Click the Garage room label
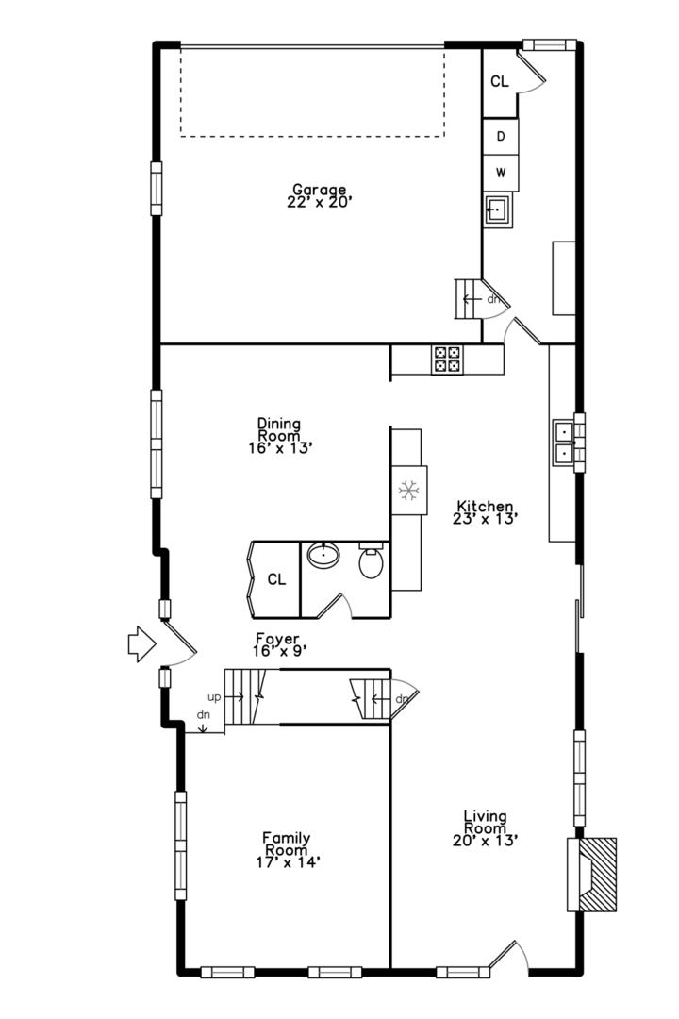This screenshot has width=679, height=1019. pyautogui.click(x=319, y=195)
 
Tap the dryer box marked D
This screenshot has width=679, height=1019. pyautogui.click(x=501, y=137)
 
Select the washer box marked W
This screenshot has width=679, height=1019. pyautogui.click(x=501, y=173)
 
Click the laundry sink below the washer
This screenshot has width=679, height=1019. pyautogui.click(x=498, y=209)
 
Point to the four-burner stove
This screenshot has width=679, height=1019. pyautogui.click(x=448, y=359)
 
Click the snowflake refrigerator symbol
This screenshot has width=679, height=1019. pyautogui.click(x=408, y=491)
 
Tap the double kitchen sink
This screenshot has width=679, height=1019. pyautogui.click(x=565, y=443)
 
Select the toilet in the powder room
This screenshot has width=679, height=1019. pyautogui.click(x=371, y=562)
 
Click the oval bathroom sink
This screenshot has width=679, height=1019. pyautogui.click(x=323, y=555)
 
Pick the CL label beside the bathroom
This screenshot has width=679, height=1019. pyautogui.click(x=277, y=579)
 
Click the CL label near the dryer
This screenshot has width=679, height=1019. pyautogui.click(x=500, y=81)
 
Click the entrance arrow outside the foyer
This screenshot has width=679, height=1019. pyautogui.click(x=141, y=644)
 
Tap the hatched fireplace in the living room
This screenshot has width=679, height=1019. pyautogui.click(x=592, y=874)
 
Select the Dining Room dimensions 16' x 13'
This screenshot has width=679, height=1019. pyautogui.click(x=281, y=448)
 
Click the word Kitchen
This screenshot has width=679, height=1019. pyautogui.click(x=485, y=506)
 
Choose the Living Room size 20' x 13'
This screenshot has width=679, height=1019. pyautogui.click(x=486, y=841)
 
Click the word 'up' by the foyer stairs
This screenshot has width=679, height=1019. pyautogui.click(x=214, y=698)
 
